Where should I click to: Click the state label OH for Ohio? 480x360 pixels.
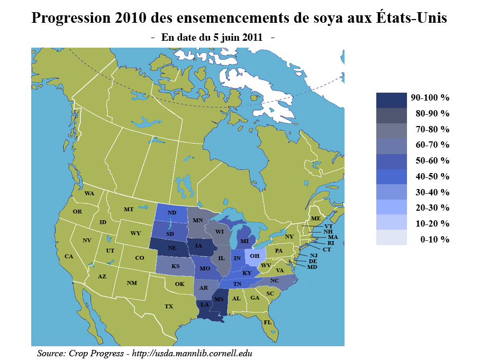click(255, 256)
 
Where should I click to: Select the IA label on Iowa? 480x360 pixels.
click(198, 246)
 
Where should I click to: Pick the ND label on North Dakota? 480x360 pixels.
click(171, 213)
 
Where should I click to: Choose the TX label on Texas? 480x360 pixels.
click(169, 306)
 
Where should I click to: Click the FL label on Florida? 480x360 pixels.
click(268, 322)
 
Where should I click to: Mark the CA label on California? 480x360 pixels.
click(69, 256)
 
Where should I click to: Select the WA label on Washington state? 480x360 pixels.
click(89, 193)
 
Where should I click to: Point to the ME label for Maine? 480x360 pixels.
click(316, 219)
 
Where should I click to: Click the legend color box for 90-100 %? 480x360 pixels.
click(391, 98)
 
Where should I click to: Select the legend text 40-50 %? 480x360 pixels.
click(432, 176)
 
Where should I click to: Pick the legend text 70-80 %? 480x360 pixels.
click(432, 129)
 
